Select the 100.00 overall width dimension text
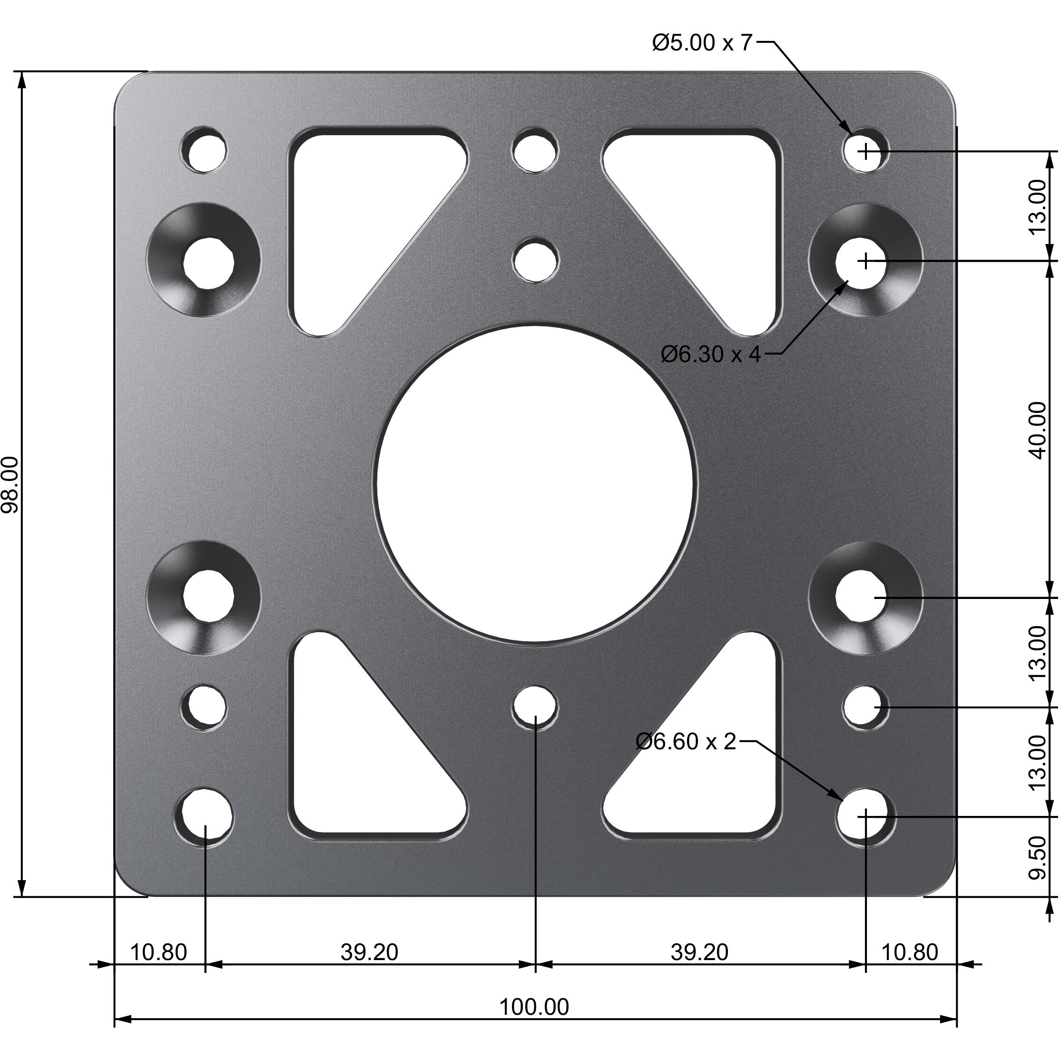point(533,1007)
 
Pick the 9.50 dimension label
point(1037,857)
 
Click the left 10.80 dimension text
point(158,952)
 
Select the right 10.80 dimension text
point(909,952)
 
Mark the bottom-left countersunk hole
point(208,598)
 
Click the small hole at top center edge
point(534,151)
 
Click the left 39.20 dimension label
point(369,952)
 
